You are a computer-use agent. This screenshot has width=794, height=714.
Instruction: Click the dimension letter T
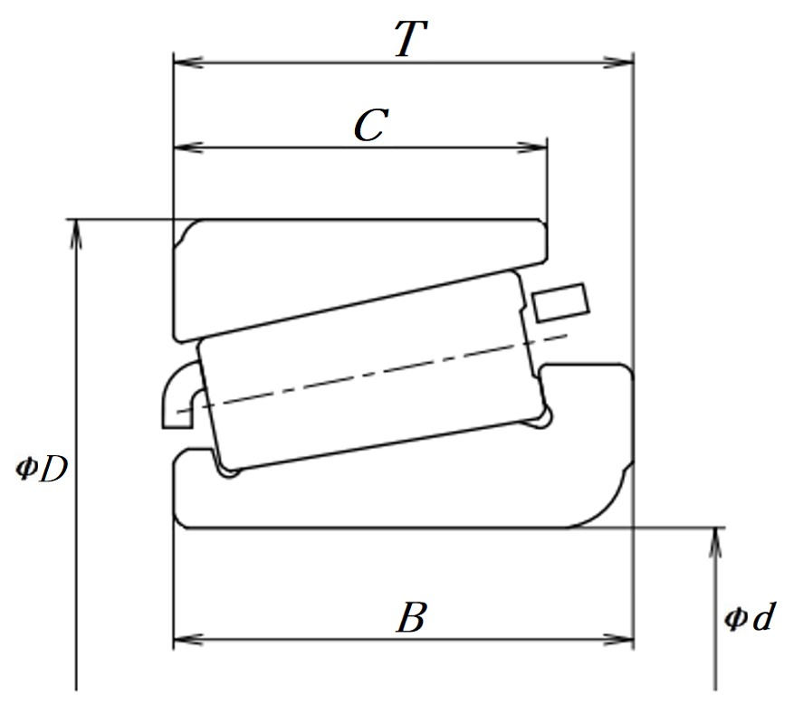pos(411,38)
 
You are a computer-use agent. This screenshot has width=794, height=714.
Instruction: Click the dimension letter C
pos(371,125)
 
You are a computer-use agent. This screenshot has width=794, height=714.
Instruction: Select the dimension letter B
pos(411,617)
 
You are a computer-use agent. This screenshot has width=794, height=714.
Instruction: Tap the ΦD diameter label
pos(42,470)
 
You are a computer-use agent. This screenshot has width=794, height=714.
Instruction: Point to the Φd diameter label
pos(750,616)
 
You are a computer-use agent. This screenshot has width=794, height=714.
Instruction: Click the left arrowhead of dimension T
pos(188,62)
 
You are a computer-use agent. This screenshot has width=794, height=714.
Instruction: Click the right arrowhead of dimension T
pos(618,62)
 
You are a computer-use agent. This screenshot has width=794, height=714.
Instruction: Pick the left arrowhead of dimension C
pos(188,148)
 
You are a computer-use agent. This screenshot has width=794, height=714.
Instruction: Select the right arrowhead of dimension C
pos(531,148)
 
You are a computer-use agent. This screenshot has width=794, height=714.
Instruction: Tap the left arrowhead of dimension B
pos(188,640)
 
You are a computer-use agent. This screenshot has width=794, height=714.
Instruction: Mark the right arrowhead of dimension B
pos(618,640)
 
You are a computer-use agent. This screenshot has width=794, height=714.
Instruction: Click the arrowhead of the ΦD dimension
pos(76,234)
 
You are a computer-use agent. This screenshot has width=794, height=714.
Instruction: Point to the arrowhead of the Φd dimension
pos(715,542)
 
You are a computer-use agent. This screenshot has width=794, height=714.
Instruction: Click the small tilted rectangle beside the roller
pos(560,302)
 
